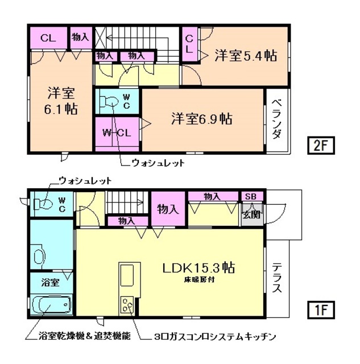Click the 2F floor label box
[321, 146]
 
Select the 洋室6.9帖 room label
[202, 119]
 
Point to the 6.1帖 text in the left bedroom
[62, 108]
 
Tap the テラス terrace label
[276, 276]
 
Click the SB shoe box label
[251, 196]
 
